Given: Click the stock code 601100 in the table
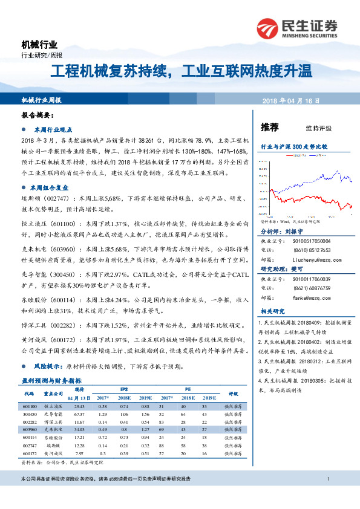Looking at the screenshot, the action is tap(30, 407).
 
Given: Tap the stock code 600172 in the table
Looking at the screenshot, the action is tap(30, 452).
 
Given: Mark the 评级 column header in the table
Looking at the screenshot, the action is tap(234, 394).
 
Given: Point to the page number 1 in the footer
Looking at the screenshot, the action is tap(327, 479).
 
